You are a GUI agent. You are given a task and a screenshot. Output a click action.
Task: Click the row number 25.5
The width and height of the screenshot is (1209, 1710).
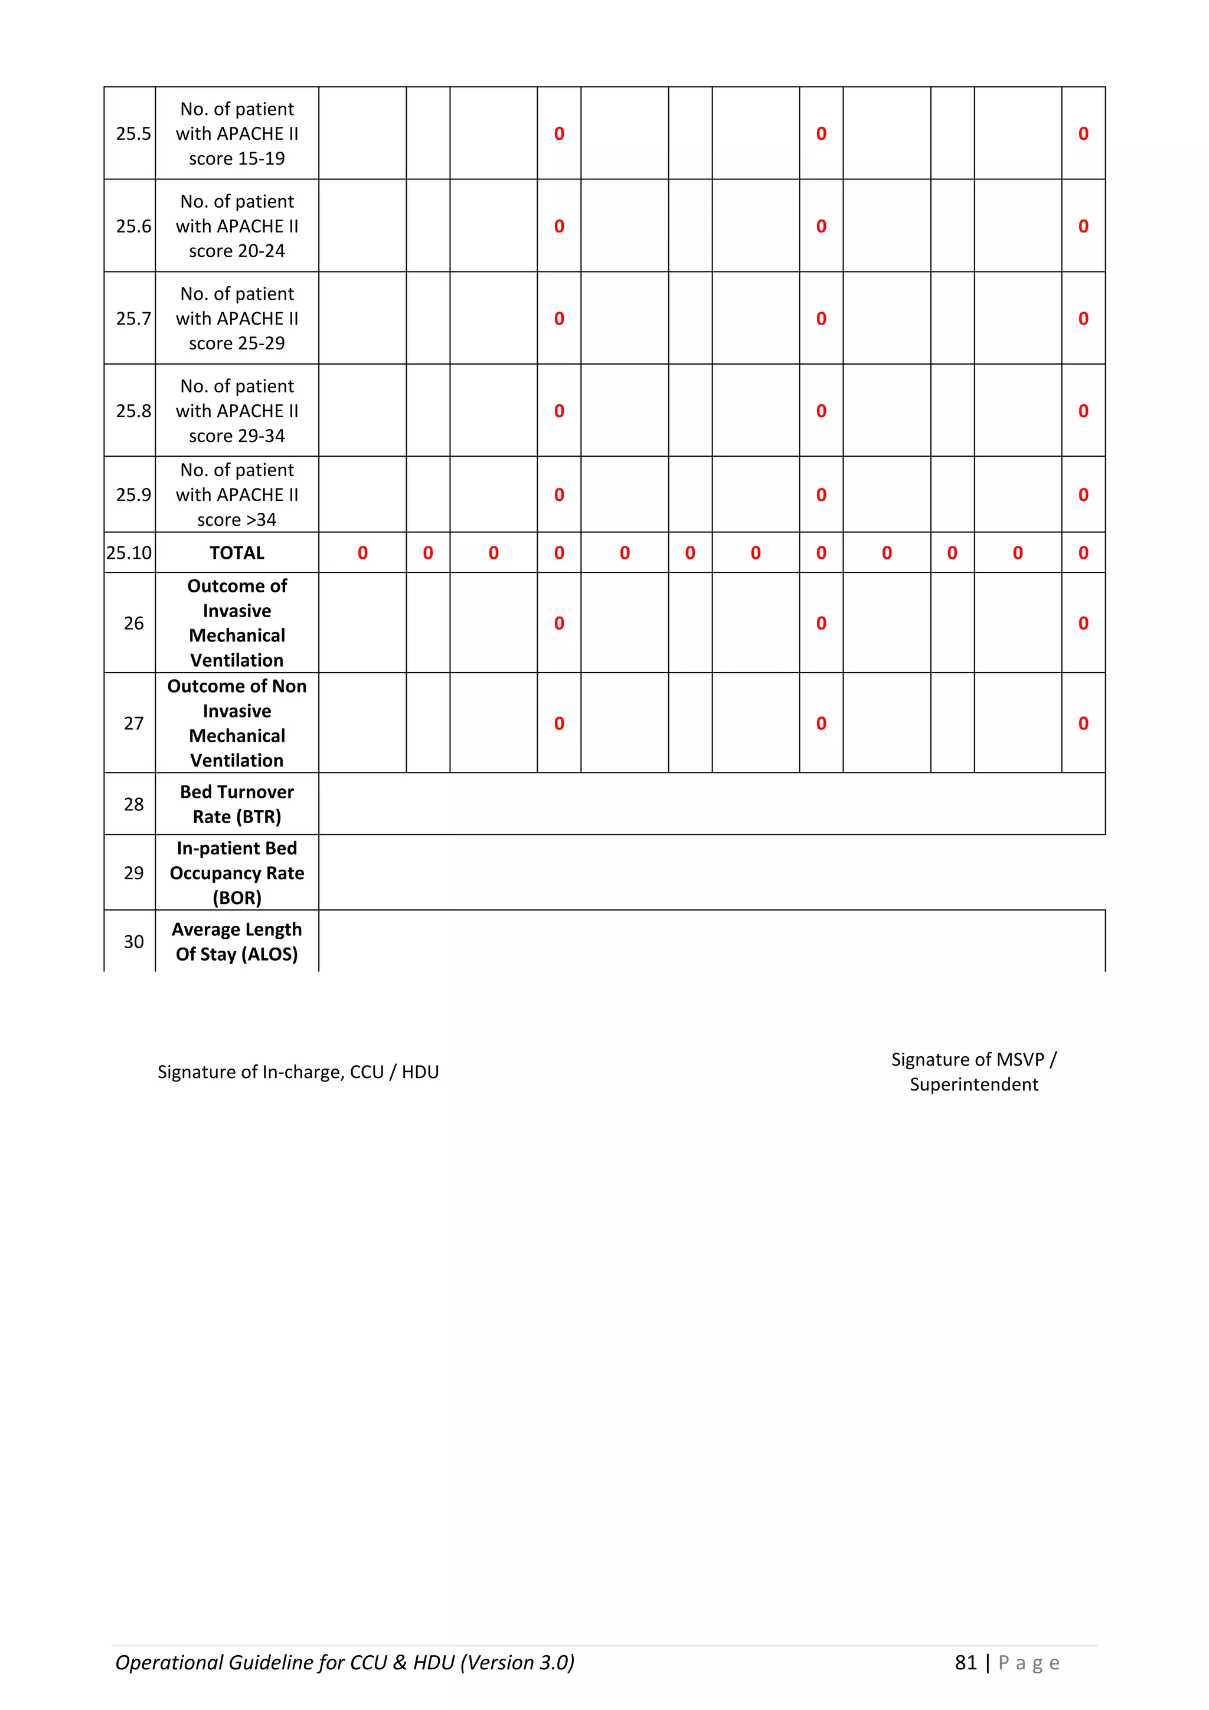(133, 134)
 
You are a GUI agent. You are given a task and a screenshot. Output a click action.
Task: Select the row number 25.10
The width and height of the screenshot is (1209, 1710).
(129, 553)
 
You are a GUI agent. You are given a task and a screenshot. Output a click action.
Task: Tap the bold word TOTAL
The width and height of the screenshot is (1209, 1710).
(237, 553)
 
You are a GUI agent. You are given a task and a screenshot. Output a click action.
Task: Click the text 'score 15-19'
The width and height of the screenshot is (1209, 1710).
(237, 159)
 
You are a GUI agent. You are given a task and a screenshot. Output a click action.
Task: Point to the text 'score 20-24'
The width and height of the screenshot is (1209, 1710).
(237, 251)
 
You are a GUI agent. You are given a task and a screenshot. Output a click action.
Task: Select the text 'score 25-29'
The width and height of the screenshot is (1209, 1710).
(237, 343)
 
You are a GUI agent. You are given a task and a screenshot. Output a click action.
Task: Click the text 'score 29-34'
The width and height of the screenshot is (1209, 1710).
(237, 435)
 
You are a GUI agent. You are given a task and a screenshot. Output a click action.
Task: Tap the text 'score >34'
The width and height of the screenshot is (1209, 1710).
(237, 520)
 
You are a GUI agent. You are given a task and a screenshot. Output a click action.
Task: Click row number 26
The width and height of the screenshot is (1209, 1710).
(133, 623)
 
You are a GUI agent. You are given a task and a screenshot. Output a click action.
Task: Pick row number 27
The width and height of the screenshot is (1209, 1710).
(133, 723)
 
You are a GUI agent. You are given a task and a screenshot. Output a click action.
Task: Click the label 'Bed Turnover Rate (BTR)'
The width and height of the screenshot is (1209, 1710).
(237, 804)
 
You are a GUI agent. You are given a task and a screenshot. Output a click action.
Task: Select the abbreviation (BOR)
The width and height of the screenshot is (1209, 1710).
(237, 898)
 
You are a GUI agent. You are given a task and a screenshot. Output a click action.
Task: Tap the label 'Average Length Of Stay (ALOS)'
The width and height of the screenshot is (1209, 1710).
(237, 942)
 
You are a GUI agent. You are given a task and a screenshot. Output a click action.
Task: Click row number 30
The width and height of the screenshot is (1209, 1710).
(133, 942)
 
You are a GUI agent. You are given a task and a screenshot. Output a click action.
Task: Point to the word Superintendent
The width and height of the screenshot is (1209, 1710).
(973, 1085)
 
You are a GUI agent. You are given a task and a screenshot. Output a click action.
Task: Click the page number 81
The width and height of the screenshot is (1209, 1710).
(965, 1663)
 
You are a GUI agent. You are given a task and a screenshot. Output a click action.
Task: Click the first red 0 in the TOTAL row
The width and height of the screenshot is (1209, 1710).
(363, 553)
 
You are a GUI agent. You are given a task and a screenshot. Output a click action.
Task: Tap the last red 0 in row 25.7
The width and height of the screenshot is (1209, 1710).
(1083, 319)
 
